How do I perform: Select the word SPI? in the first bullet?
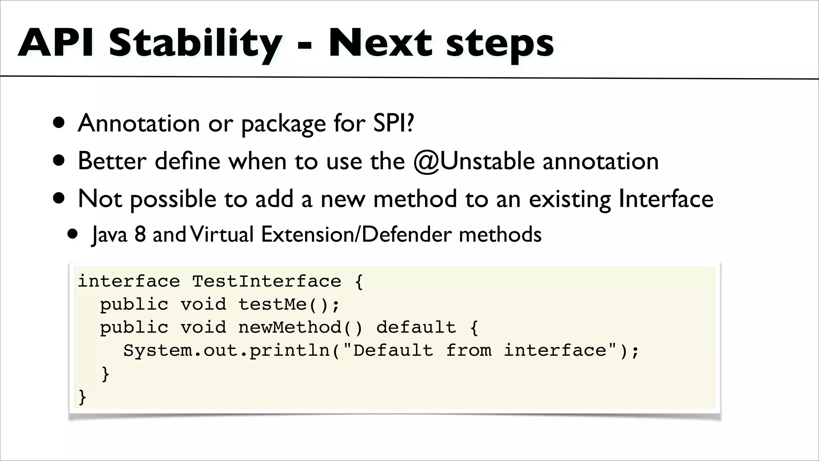pos(394,123)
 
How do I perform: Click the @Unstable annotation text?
pos(474,161)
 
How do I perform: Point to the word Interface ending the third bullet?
pos(666,199)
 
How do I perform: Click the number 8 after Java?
pos(140,234)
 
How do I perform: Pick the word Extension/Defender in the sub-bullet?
pos(356,234)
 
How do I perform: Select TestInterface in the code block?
pos(267,281)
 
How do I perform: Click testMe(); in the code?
pos(289,305)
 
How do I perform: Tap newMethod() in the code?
pos(300,327)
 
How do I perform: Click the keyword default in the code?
pos(416,327)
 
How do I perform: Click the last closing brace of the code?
pos(82,397)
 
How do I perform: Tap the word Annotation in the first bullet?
pos(138,123)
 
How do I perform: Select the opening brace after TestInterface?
pos(359,282)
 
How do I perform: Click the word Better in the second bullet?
pos(112,161)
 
